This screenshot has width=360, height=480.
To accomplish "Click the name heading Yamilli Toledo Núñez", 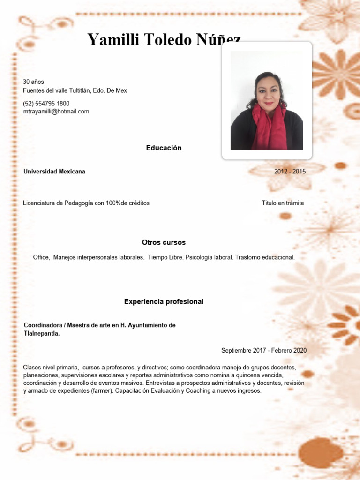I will [x=164, y=41].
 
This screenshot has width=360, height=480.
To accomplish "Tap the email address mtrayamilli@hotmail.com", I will [x=56, y=112].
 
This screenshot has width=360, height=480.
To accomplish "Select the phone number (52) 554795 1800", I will [x=46, y=103].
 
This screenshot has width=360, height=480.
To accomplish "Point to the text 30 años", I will [x=33, y=82].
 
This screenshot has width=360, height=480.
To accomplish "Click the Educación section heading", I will [x=164, y=148].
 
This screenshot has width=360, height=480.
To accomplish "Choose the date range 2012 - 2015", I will [x=290, y=172].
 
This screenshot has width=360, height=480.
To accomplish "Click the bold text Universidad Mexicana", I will [x=54, y=172].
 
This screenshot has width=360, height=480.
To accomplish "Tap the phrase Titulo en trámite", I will [x=283, y=203].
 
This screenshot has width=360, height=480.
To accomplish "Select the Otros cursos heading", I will [x=164, y=242].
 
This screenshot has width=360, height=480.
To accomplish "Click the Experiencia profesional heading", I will [x=164, y=301].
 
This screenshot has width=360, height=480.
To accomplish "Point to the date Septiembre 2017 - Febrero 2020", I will [x=264, y=350].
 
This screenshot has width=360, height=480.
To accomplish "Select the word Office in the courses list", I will [x=42, y=257].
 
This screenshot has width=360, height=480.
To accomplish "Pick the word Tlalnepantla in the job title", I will [x=41, y=334].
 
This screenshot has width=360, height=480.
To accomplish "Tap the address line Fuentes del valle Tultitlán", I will [x=75, y=90].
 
